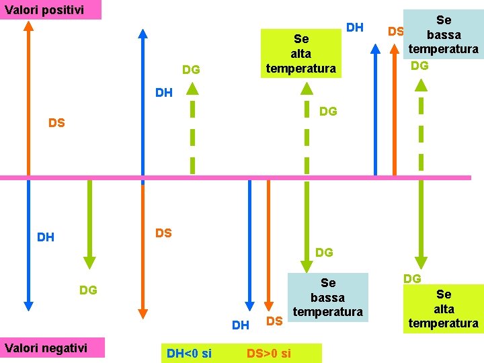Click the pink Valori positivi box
[50, 9]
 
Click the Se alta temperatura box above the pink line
[300, 53]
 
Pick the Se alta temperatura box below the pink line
[444, 309]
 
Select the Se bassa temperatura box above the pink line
[444, 35]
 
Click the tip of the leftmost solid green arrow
[89, 262]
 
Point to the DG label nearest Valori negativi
[88, 290]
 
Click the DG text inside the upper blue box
[419, 65]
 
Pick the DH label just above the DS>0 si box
[240, 325]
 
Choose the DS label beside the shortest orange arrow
[274, 321]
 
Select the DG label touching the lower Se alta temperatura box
[412, 278]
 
